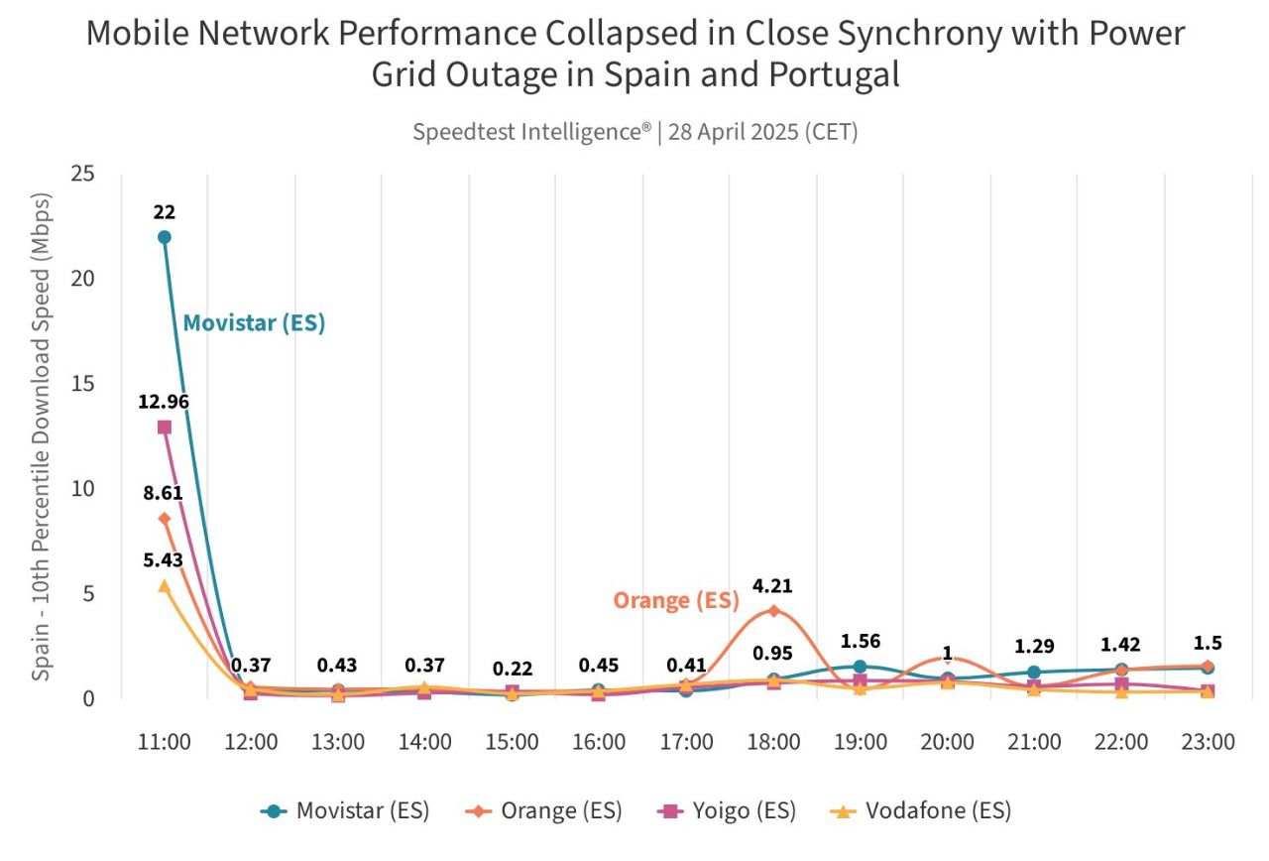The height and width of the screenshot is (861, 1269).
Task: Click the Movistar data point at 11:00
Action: tap(165, 237)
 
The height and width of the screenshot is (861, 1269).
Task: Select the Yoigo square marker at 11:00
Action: tap(165, 427)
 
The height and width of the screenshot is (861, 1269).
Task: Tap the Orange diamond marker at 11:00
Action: tap(165, 519)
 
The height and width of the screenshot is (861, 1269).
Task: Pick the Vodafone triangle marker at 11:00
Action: tap(165, 586)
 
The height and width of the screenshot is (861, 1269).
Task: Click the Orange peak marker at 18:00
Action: tap(773, 610)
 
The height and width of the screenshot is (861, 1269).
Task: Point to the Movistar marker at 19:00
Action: tap(860, 667)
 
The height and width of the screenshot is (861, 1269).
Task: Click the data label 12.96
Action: tap(165, 402)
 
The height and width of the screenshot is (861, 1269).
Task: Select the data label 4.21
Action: tap(773, 586)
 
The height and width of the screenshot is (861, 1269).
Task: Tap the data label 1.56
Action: tap(860, 641)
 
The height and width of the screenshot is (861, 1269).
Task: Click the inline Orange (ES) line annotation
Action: tap(676, 600)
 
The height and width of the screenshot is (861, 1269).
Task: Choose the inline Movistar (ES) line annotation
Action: tap(255, 322)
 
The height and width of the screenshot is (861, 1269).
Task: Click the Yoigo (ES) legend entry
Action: tap(729, 810)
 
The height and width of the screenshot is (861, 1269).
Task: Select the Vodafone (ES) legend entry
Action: tap(921, 810)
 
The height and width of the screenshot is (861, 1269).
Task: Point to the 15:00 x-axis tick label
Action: tap(513, 742)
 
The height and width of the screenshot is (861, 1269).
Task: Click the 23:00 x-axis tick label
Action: tap(1208, 742)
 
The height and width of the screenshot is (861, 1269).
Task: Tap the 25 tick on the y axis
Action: tap(82, 174)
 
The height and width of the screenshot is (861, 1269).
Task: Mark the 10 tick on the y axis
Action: tap(82, 489)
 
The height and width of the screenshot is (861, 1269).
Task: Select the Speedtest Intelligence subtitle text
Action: tap(634, 132)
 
